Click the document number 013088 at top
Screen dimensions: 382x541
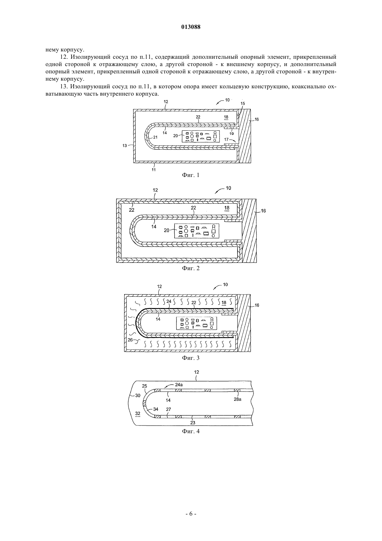(191, 27)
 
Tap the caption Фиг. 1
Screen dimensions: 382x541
(191, 175)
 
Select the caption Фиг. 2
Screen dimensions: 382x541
(191, 268)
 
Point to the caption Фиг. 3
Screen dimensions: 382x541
(191, 358)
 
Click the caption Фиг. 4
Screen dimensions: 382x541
(191, 431)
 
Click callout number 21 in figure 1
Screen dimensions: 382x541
(155, 137)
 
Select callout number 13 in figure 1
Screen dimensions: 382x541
(125, 146)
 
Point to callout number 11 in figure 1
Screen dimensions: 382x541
(153, 170)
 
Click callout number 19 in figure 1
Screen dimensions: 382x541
(232, 134)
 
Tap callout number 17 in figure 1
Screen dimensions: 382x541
(226, 139)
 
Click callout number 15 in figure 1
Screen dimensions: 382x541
(243, 103)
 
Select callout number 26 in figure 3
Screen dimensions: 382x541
(130, 340)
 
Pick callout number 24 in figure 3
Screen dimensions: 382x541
(169, 301)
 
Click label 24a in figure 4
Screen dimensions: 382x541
(179, 385)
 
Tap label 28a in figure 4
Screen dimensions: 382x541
(237, 399)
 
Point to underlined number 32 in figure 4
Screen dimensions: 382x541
(138, 413)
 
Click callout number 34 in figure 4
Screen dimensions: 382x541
(156, 409)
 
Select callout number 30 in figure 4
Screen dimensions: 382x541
(138, 395)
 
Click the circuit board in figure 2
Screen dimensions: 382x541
(197, 231)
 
